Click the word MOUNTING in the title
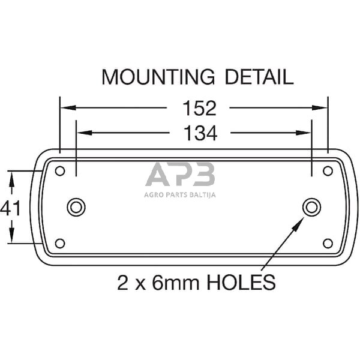click(157, 77)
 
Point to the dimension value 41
click(11, 208)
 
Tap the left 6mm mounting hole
click(76, 207)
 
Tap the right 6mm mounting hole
click(311, 207)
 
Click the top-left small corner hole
click(59, 171)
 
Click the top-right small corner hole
click(328, 171)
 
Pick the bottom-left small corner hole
click(59, 243)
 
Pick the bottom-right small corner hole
click(328, 243)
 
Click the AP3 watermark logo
click(180, 176)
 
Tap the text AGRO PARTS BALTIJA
click(180, 194)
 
